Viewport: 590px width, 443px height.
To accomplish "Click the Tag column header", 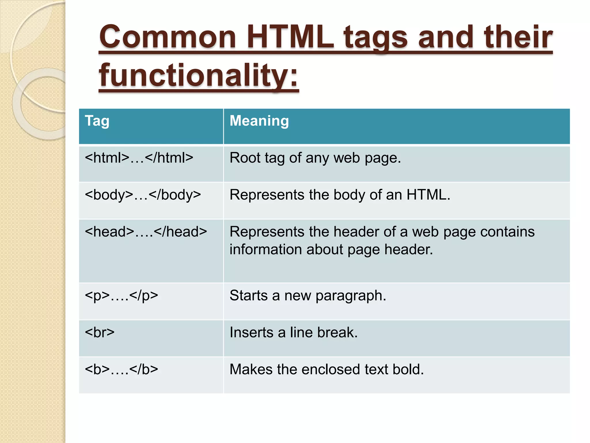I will [x=97, y=121].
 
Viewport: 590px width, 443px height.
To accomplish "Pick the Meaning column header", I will [x=259, y=121].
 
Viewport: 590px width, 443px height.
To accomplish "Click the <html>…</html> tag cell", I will [x=139, y=158].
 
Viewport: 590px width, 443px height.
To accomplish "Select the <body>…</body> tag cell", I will [x=143, y=195].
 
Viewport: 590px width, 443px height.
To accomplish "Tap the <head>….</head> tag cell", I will [x=146, y=232].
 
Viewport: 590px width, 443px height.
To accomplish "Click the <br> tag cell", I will [x=100, y=333].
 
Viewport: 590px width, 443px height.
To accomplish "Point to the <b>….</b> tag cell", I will [x=121, y=369].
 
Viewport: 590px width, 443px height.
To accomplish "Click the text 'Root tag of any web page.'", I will [x=315, y=158].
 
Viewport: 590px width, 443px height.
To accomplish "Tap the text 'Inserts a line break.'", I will [x=294, y=333].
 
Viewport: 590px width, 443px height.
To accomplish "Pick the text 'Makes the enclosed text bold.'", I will [x=327, y=369].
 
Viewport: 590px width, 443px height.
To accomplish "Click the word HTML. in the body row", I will [x=428, y=195].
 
